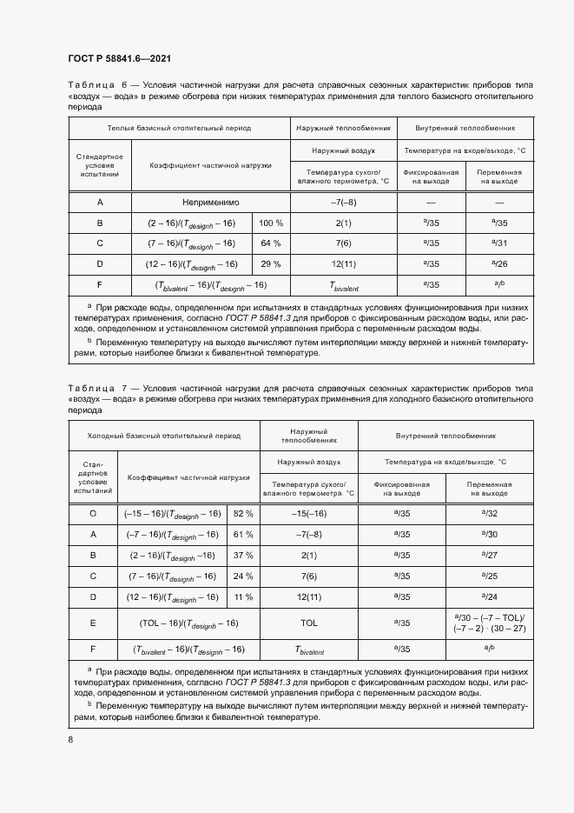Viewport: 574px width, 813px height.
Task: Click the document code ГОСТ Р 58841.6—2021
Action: click(x=119, y=58)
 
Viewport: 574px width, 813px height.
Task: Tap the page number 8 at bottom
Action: click(x=70, y=739)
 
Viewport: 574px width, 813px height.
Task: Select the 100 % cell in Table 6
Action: click(x=271, y=223)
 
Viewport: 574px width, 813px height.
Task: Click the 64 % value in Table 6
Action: click(x=271, y=243)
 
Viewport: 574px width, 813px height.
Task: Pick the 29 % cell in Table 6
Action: click(x=271, y=263)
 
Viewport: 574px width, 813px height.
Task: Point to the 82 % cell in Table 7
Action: click(x=243, y=514)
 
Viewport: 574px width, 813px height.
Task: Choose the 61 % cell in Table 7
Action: click(x=243, y=534)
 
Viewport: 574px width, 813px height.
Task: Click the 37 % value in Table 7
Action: click(x=243, y=555)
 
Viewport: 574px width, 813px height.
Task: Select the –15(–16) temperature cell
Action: click(x=308, y=514)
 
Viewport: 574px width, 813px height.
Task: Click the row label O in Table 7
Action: click(x=93, y=514)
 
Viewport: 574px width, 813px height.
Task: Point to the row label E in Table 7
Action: click(x=93, y=623)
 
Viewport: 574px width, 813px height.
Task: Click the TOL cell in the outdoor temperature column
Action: click(x=308, y=623)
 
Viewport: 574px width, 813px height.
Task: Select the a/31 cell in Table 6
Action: click(x=499, y=243)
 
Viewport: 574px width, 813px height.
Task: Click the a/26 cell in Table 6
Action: click(x=499, y=263)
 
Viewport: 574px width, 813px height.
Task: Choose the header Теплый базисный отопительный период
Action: click(x=179, y=128)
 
